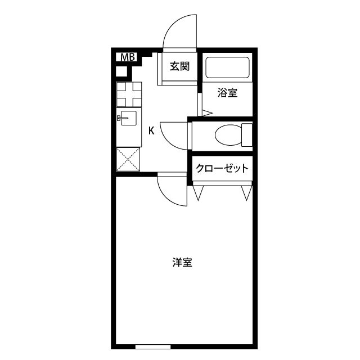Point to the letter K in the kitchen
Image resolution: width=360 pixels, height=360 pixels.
pos(151,131)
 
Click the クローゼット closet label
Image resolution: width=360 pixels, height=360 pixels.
pos(222,168)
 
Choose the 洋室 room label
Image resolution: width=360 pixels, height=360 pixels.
pos(182,262)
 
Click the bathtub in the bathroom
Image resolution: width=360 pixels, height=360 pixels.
pos(227,68)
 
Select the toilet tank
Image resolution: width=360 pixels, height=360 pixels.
pos(246,134)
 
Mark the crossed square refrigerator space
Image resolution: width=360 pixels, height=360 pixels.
pos(128,160)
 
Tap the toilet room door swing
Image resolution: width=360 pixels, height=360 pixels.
pos(173,135)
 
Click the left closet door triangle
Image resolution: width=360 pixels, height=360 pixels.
pos(197,193)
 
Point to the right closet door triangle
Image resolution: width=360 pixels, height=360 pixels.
pos(246,193)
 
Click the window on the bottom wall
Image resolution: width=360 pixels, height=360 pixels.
pos(152,345)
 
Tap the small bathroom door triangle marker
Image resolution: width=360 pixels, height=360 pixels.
pos(206,112)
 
